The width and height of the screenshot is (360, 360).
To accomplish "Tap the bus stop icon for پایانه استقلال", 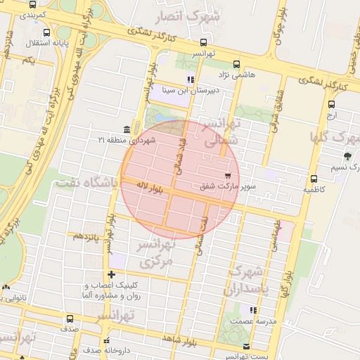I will (46, 33).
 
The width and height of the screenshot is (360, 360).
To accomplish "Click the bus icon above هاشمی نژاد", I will (236, 63).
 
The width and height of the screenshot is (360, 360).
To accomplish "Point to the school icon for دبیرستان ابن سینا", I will (190, 79).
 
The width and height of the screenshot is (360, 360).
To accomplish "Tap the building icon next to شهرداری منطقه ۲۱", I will (126, 129).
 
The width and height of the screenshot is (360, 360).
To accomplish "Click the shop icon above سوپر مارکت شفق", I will (226, 175).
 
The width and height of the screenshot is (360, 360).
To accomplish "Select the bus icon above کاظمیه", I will (314, 179).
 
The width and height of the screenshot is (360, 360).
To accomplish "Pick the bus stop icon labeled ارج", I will (331, 104).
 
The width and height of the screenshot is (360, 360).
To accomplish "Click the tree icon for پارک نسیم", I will (347, 156).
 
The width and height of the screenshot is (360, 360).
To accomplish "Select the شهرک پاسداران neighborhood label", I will (245, 280).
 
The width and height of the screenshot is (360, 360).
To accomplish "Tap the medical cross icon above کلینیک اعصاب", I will (111, 274).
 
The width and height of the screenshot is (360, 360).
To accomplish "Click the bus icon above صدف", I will (69, 319).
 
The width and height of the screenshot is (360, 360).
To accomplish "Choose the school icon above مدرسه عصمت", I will (252, 309).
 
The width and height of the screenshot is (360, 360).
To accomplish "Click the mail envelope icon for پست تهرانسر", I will (246, 346).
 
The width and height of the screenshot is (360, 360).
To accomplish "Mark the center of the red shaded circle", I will (180, 180).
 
